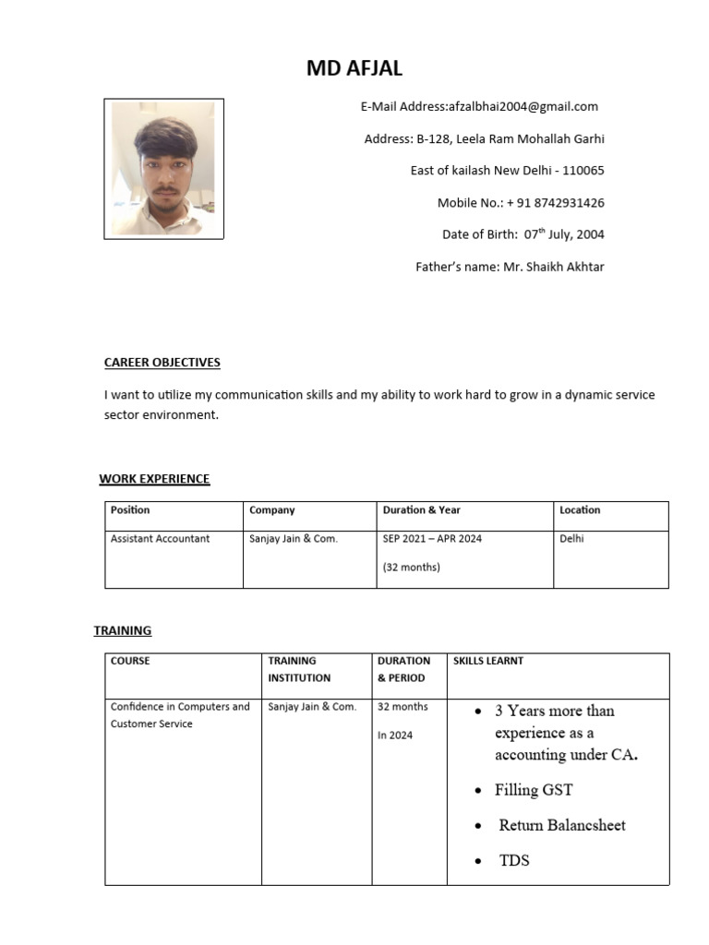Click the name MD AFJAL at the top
tap(354, 68)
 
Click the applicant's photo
tap(163, 169)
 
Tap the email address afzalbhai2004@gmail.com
tap(523, 107)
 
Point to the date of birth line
tap(523, 234)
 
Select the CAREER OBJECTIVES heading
tap(162, 363)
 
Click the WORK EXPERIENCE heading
tap(154, 479)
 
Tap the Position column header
tap(130, 510)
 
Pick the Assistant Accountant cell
tap(161, 539)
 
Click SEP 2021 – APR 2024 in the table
tap(432, 539)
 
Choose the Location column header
tap(580, 510)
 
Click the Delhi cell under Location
tap(572, 539)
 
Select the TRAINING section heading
tap(123, 631)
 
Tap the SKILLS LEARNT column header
tap(488, 661)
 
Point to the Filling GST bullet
tap(534, 790)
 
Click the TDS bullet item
tap(514, 861)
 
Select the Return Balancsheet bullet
tap(562, 825)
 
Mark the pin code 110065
tap(583, 171)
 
